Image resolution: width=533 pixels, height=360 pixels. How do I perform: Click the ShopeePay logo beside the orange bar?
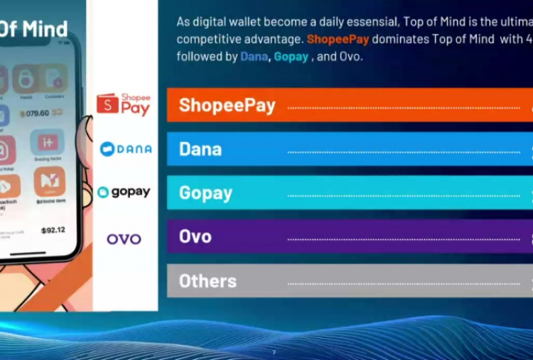124,104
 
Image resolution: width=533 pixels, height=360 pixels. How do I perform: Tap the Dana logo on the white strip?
126,149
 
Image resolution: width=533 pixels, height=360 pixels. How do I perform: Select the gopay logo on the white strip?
124,192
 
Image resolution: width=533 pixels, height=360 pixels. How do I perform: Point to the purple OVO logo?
124,239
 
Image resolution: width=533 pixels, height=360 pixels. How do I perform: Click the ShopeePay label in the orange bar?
227,105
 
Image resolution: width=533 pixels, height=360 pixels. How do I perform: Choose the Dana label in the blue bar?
200,149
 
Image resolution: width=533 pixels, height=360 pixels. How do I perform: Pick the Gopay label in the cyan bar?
205,192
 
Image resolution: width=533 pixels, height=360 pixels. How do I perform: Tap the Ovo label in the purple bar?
195,236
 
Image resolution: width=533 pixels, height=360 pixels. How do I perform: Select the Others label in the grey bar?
208,281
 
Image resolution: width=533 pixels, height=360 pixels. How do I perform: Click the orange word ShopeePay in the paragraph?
338,39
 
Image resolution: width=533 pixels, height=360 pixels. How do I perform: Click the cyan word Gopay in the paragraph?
291,56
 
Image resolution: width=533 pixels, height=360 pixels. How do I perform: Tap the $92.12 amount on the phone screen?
53,230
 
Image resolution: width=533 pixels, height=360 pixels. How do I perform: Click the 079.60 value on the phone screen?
34,113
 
